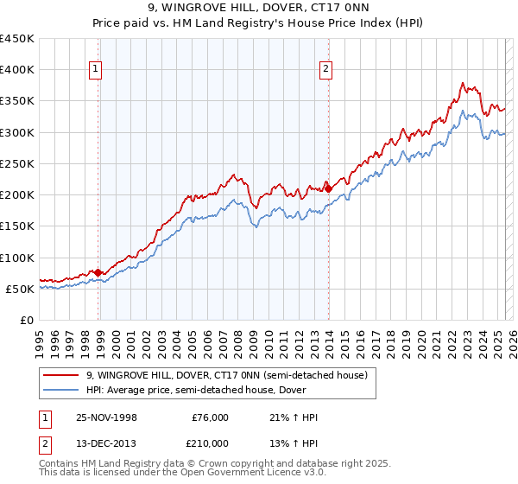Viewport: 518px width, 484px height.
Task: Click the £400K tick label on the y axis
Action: (x=17, y=70)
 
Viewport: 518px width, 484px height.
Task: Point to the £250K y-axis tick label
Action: (x=17, y=163)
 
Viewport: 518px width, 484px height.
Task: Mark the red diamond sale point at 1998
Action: (x=98, y=272)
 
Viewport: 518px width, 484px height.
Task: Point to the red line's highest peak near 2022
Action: (x=463, y=84)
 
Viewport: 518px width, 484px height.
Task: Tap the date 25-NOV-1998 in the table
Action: (x=106, y=418)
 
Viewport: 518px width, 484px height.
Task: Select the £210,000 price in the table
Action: (x=210, y=443)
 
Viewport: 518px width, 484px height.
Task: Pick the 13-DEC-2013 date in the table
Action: (x=106, y=443)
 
